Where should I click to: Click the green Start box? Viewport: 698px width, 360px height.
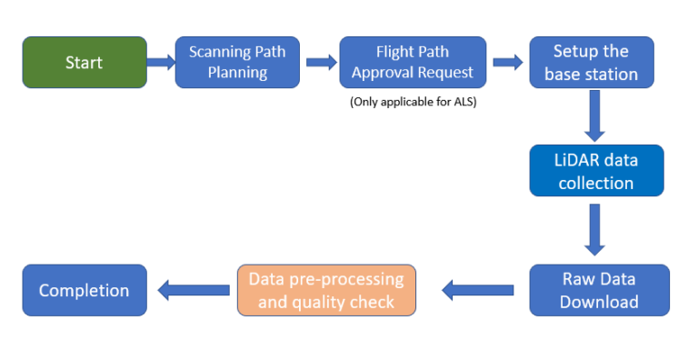tap(84, 63)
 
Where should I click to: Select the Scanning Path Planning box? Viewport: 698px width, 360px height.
tap(237, 63)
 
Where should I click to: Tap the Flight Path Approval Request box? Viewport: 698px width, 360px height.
tap(413, 63)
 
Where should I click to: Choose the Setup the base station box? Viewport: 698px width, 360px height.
tap(591, 63)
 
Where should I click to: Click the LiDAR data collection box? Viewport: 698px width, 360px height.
tap(596, 171)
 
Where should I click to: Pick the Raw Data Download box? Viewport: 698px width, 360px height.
tap(599, 290)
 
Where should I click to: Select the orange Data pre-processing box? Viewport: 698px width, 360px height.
tap(326, 290)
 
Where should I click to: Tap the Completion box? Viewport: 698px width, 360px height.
tap(84, 291)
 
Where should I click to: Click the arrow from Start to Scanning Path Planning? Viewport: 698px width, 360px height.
tap(161, 63)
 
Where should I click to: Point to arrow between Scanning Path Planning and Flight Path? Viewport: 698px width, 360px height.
tap(322, 63)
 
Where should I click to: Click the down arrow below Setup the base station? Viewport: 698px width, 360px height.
tap(596, 116)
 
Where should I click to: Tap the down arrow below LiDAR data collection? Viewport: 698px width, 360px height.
tap(596, 229)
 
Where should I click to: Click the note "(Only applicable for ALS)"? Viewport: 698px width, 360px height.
tap(413, 102)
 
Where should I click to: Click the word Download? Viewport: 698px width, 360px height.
tap(599, 302)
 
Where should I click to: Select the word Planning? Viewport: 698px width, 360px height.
tap(237, 74)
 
